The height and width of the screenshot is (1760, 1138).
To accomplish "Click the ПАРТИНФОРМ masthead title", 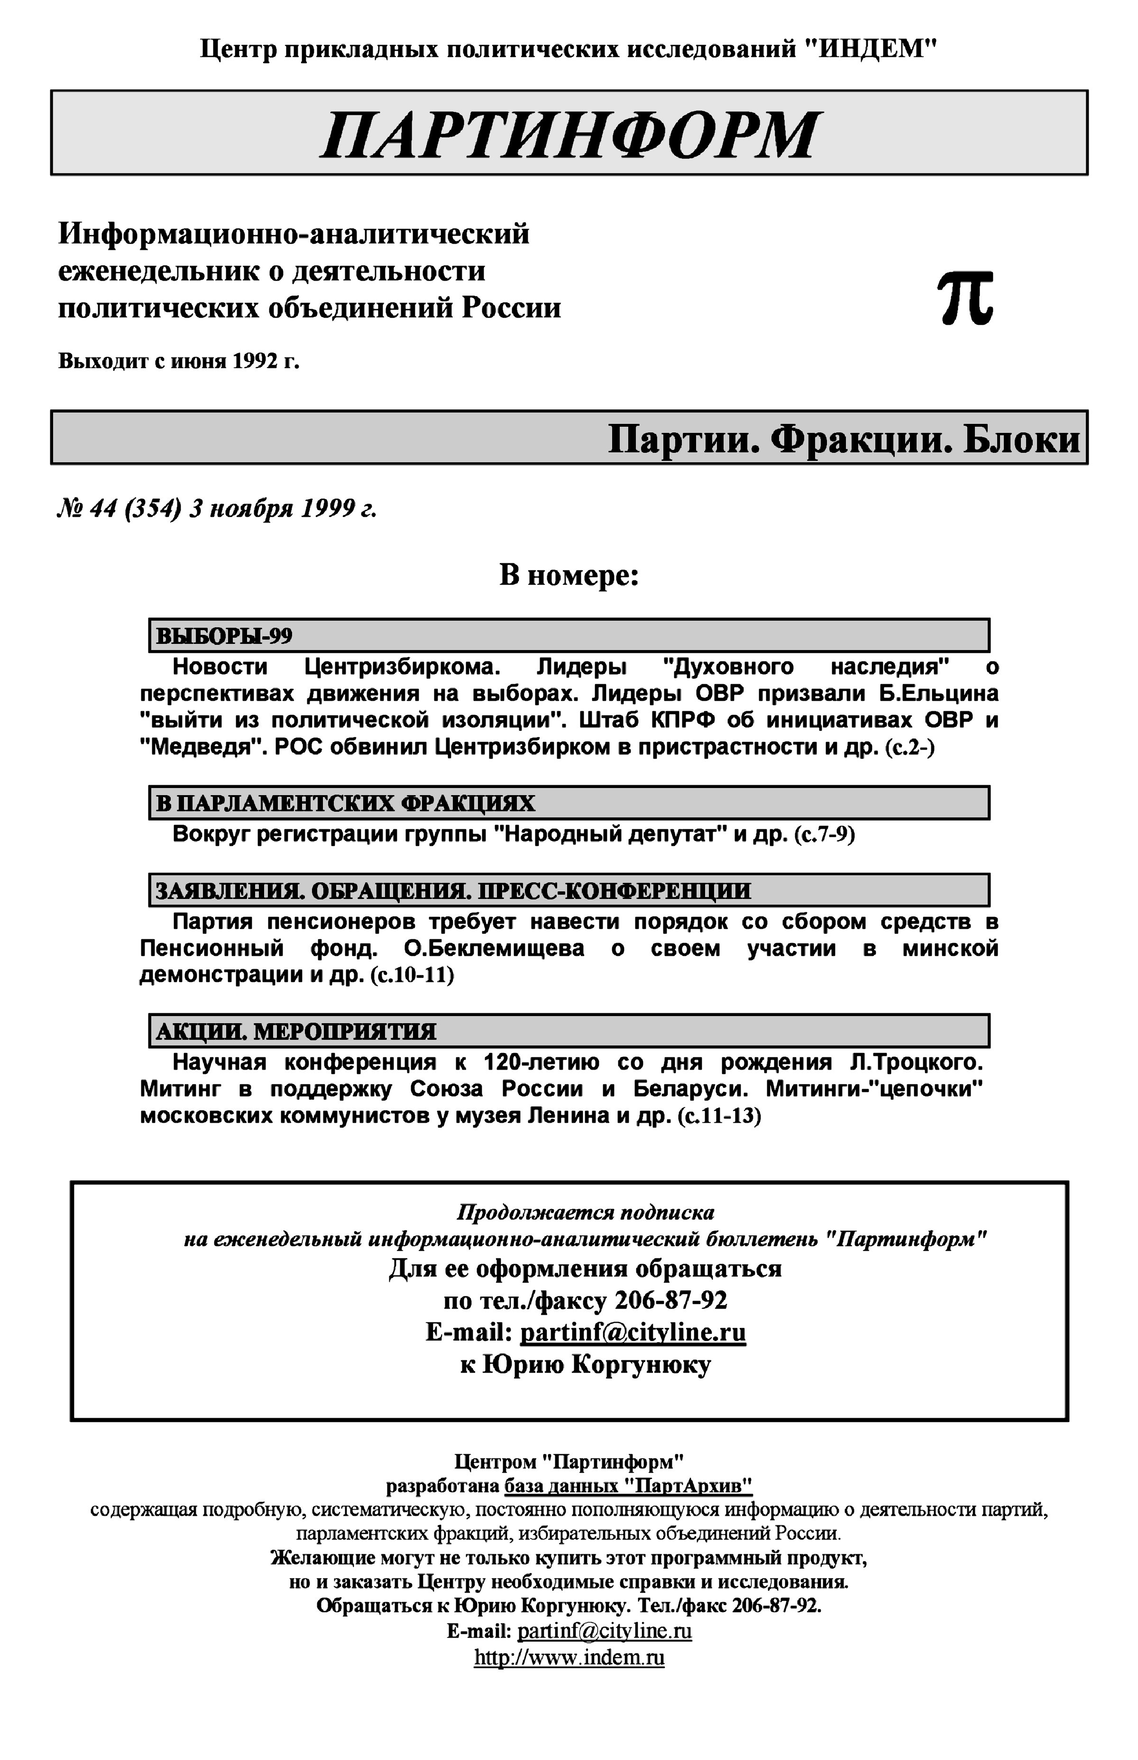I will [x=569, y=135].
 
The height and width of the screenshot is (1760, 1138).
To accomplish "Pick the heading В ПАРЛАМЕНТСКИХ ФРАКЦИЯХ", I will [x=345, y=803].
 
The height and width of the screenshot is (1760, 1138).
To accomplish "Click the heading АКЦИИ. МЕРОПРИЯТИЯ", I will [x=295, y=1031].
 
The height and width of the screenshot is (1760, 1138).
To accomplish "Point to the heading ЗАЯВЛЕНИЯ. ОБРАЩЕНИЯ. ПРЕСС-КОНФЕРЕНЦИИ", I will [x=453, y=891].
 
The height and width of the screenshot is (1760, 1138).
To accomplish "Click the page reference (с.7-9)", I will [x=824, y=835].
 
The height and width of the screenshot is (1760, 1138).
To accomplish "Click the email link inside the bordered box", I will [x=633, y=1332].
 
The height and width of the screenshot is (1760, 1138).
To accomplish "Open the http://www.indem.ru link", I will [x=569, y=1657].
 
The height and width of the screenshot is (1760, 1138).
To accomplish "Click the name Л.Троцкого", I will [x=916, y=1063].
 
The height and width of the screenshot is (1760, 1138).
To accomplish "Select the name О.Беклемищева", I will [x=494, y=949].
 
